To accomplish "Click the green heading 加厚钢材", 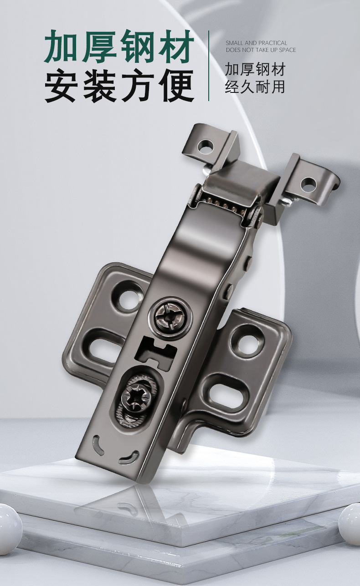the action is pyautogui.click(x=119, y=47).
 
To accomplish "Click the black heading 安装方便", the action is pyautogui.click(x=119, y=85).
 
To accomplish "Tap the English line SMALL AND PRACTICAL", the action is pyautogui.click(x=257, y=43).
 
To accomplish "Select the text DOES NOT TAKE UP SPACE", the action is pyautogui.click(x=261, y=50).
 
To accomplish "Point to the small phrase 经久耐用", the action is pyautogui.click(x=255, y=87).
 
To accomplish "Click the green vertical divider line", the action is pyautogui.click(x=209, y=66).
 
